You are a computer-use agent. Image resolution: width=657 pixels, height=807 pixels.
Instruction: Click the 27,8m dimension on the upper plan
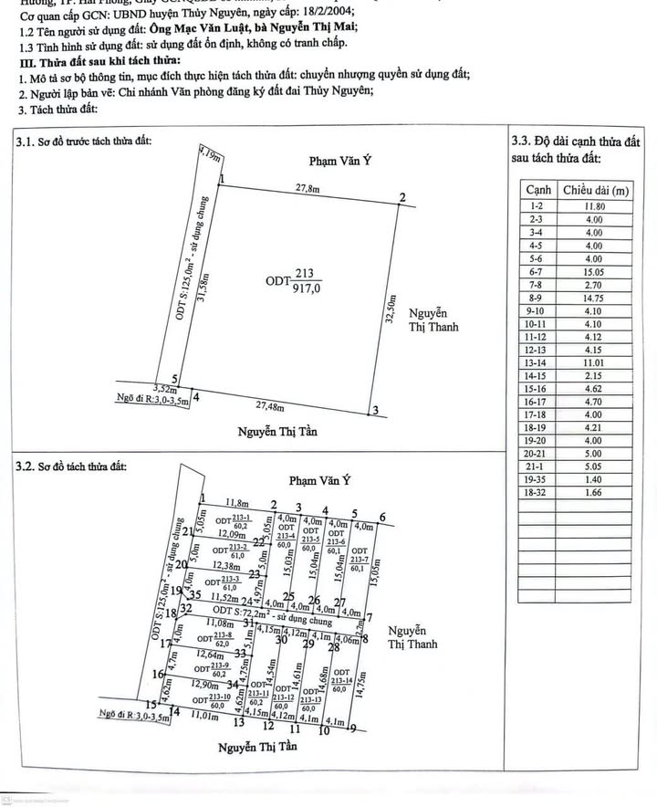[306, 188]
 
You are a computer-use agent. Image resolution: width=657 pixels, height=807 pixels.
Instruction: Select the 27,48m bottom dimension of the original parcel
[278, 405]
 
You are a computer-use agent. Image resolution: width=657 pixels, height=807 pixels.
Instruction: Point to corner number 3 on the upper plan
[374, 411]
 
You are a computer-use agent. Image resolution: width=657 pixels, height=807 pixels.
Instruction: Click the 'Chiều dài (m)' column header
[595, 190]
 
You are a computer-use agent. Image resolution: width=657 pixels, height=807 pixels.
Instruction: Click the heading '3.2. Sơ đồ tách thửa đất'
[72, 466]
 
